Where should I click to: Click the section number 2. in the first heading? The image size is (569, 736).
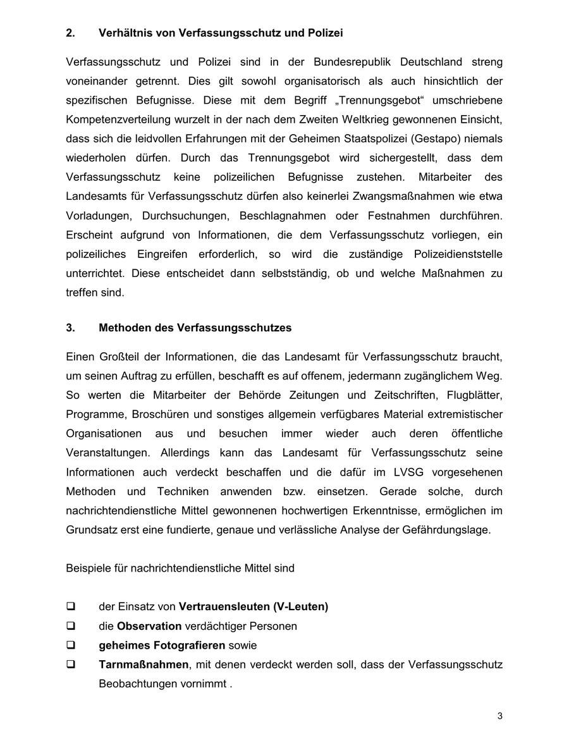[70, 32]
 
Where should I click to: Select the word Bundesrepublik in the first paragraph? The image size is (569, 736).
[350, 62]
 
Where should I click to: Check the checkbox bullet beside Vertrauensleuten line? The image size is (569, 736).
[70, 607]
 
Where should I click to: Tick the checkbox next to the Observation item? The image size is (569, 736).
[70, 626]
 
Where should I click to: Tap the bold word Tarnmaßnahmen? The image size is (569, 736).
[144, 665]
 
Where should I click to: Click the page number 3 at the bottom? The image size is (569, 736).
[500, 716]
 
